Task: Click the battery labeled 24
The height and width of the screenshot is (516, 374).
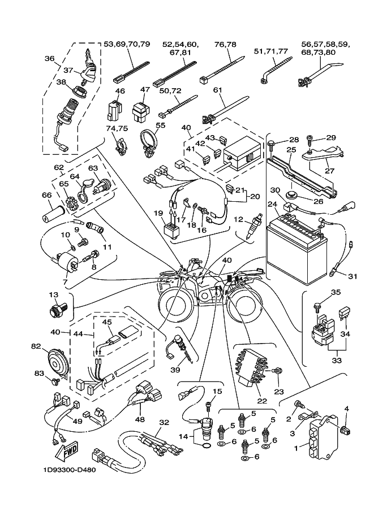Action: (296, 245)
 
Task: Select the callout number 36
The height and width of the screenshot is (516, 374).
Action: (49, 58)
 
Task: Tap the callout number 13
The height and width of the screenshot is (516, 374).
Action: (53, 295)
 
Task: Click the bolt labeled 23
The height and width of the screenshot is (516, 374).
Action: (277, 371)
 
